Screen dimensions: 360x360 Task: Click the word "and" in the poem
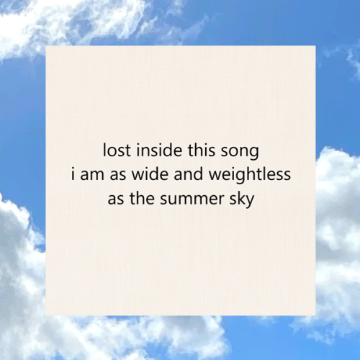tap(189, 175)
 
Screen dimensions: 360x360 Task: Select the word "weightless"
tap(249, 176)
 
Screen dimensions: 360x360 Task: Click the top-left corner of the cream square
tap(47, 46)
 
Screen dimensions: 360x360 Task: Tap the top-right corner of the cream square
tap(315, 46)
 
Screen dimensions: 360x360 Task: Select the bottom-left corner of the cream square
tap(47, 315)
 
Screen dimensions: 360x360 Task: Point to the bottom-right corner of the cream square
tap(315, 315)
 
